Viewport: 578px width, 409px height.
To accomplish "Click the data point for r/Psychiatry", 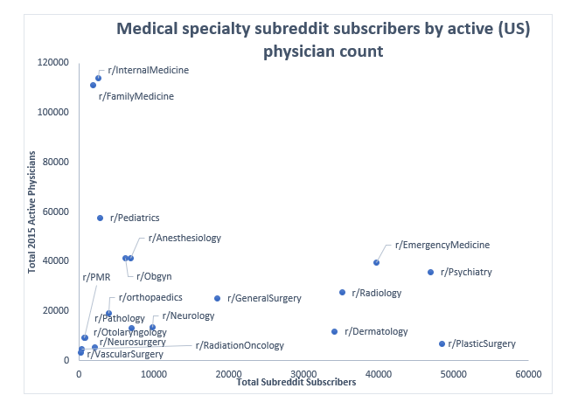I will coord(430,272).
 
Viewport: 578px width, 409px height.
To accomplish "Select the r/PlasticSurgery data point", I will coord(442,343).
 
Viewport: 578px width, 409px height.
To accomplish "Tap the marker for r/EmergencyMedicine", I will coord(377,262).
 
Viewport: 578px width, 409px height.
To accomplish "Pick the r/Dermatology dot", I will coord(334,331).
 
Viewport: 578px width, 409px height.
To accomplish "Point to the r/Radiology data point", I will coord(342,292).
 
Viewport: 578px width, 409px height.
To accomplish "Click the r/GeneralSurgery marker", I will coord(218,298).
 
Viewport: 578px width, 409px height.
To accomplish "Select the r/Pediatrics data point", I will coord(100,218).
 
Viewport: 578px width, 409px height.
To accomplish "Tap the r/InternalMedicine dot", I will coord(98,78).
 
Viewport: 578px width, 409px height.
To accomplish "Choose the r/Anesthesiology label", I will coord(185,238).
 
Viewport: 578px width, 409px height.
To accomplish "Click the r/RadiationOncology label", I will coord(240,346).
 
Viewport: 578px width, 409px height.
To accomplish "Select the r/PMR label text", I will coord(95,277).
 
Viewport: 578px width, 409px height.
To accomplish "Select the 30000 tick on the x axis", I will coord(303,374).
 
